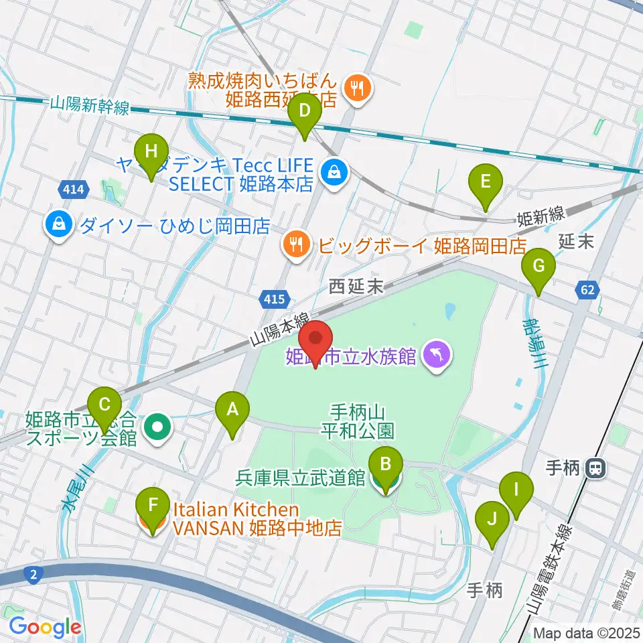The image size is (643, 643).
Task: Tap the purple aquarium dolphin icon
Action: (436, 355)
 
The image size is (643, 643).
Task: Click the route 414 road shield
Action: (72, 190)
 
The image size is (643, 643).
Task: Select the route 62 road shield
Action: (587, 290)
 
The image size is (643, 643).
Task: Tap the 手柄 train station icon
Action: (594, 470)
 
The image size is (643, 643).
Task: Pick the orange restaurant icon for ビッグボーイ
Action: (295, 246)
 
